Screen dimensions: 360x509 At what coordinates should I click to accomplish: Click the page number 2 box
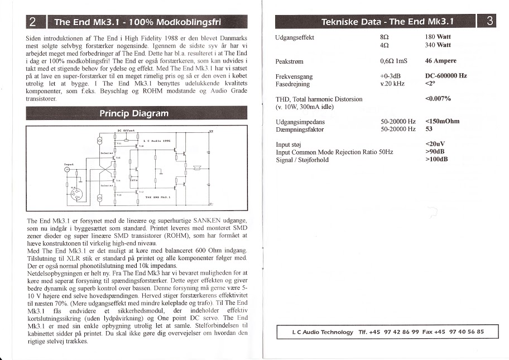point(33,23)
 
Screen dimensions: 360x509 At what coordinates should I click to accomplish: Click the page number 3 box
point(489,22)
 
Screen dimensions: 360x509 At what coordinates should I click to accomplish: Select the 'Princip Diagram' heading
point(133,113)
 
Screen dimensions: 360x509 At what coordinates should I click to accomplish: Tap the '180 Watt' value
point(438,37)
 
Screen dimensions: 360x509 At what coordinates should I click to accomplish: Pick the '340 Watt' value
point(438,45)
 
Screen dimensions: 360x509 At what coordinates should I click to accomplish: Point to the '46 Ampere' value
point(440,61)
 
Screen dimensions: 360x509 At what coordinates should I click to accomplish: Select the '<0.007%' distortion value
point(438,99)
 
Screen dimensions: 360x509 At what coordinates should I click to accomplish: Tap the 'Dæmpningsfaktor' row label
point(300,129)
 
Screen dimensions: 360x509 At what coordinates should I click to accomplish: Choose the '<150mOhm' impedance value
point(442,121)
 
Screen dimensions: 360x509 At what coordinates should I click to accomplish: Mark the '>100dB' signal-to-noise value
point(436,160)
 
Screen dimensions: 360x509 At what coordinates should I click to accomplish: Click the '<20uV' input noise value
point(435,145)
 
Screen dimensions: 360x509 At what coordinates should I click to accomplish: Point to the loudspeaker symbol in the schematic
point(196,167)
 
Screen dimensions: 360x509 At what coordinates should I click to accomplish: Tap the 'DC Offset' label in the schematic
point(127,130)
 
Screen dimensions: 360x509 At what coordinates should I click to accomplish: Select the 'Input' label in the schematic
point(70,164)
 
